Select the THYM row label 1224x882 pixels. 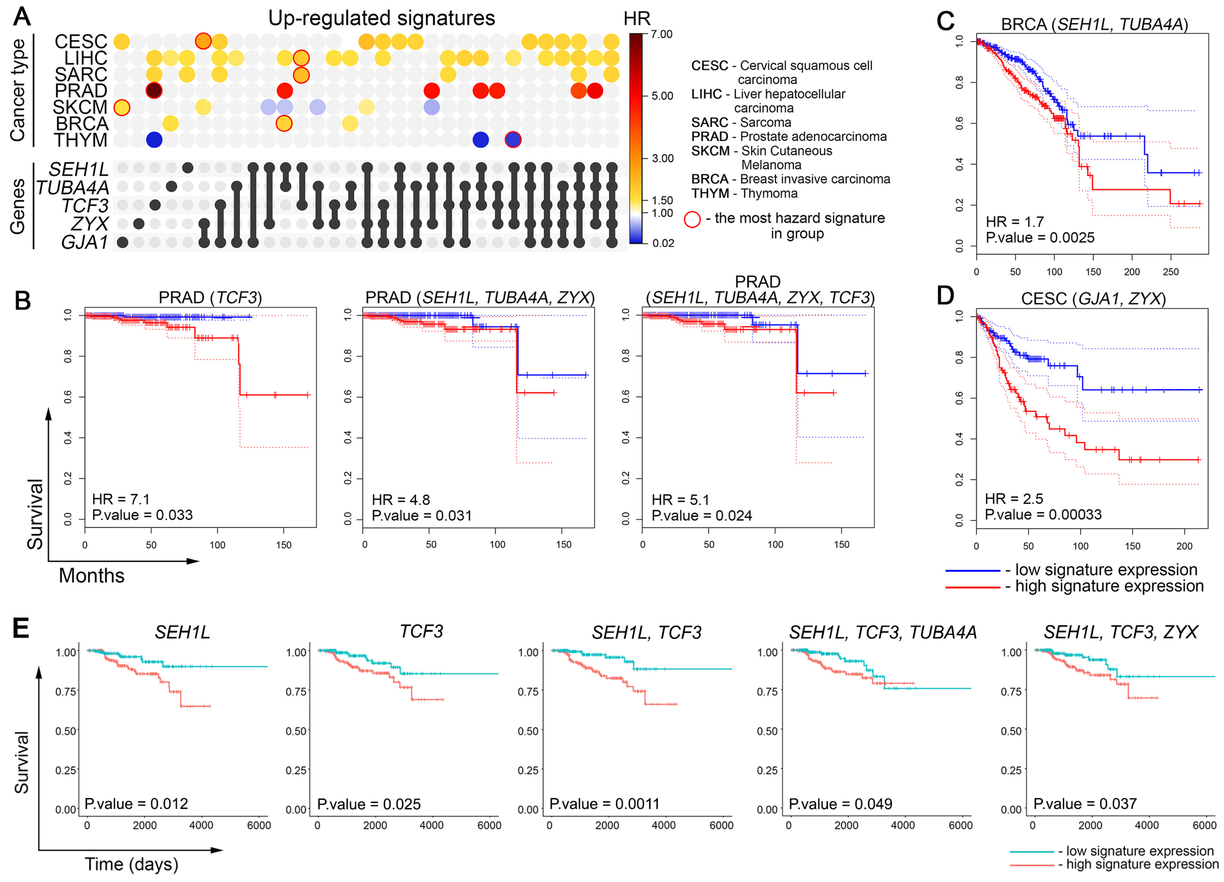81,140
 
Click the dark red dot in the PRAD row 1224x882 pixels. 154,91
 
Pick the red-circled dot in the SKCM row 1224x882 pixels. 122,107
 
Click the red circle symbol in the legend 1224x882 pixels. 692,219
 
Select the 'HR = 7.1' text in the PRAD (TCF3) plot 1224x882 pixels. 120,499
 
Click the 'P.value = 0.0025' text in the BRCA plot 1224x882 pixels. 1039,238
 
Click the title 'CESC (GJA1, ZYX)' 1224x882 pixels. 1093,299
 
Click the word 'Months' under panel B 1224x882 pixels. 92,576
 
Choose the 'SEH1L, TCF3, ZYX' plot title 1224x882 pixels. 1121,632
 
